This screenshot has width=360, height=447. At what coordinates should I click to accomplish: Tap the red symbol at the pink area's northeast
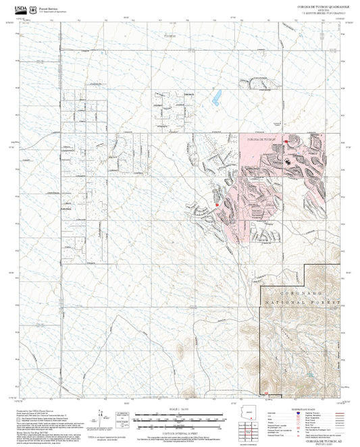coord(287,140)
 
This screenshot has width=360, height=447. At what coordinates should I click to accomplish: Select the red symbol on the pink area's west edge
coord(216,203)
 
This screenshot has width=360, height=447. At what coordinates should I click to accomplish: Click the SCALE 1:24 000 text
coord(180,409)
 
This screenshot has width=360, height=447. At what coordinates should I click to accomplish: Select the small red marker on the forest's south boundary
coord(269,395)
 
